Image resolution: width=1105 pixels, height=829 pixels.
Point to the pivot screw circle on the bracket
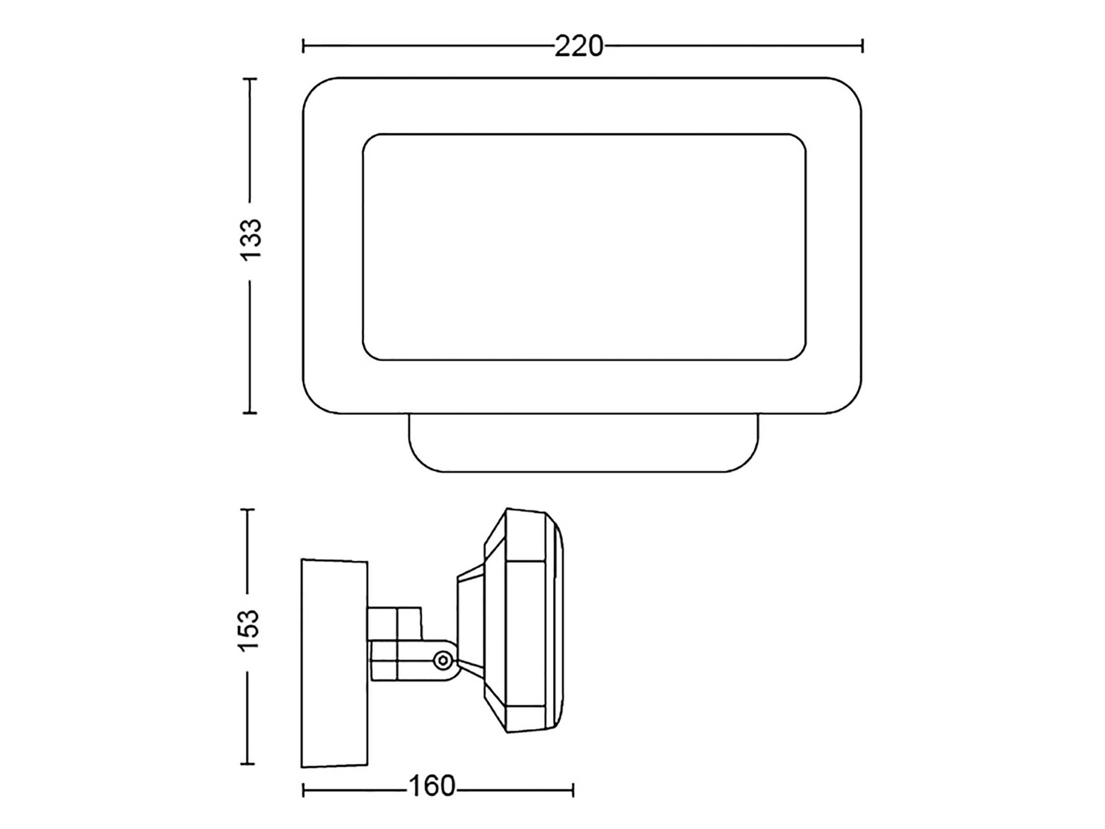(442, 660)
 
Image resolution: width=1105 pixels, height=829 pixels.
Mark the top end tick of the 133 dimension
(250, 78)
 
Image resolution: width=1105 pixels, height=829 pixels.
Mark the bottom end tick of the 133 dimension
(250, 413)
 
